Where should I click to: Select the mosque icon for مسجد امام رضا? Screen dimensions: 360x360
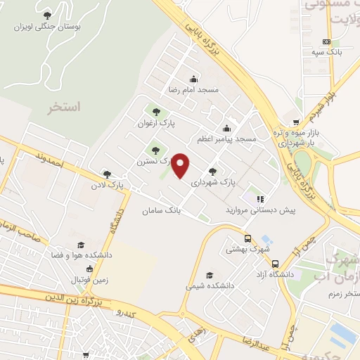[193, 79]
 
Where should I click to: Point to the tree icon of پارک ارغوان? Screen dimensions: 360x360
[155, 112]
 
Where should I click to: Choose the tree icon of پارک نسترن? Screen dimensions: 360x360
[155, 150]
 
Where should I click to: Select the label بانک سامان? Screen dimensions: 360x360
[162, 210]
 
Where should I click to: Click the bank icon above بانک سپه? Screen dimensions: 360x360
[326, 41]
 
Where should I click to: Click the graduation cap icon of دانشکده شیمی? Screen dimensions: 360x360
[209, 275]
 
